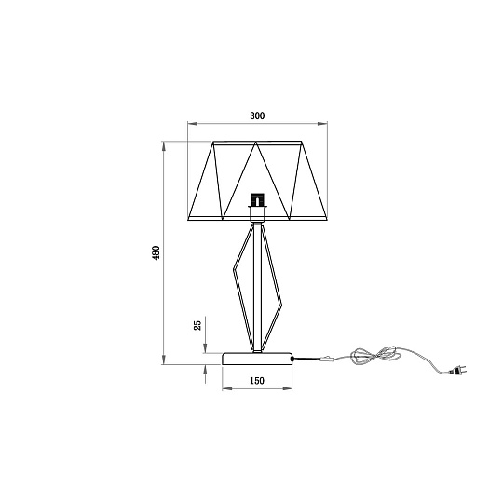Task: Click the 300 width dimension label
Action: pos(257,116)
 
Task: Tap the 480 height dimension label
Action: pos(156,252)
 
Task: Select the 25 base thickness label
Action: pos(197,325)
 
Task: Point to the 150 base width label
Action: pos(257,381)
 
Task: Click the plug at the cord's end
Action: pos(458,371)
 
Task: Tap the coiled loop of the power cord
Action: pos(376,356)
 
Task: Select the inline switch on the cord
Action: pos(327,359)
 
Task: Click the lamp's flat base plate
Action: pos(257,359)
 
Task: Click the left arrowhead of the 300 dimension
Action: pos(192,124)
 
